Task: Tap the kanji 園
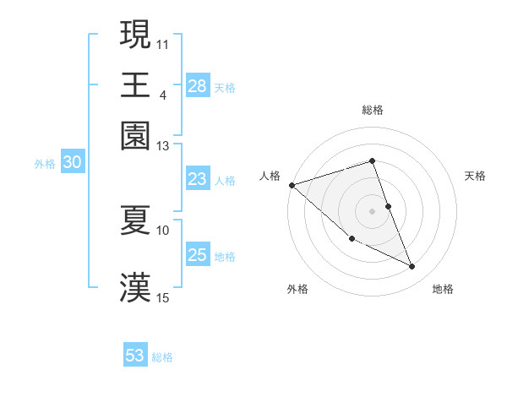click(136, 134)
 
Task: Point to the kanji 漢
click(136, 287)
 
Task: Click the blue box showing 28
click(198, 86)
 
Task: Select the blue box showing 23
click(198, 179)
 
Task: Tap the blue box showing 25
click(198, 255)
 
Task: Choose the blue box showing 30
click(72, 163)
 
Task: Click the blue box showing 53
click(135, 356)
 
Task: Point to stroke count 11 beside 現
click(163, 43)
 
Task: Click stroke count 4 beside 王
click(163, 95)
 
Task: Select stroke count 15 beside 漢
click(163, 297)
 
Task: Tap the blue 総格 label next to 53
click(162, 357)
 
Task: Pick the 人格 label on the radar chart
click(270, 176)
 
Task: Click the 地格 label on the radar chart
click(443, 290)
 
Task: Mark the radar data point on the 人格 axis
click(292, 185)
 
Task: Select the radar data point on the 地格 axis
click(412, 267)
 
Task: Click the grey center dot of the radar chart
click(372, 211)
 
